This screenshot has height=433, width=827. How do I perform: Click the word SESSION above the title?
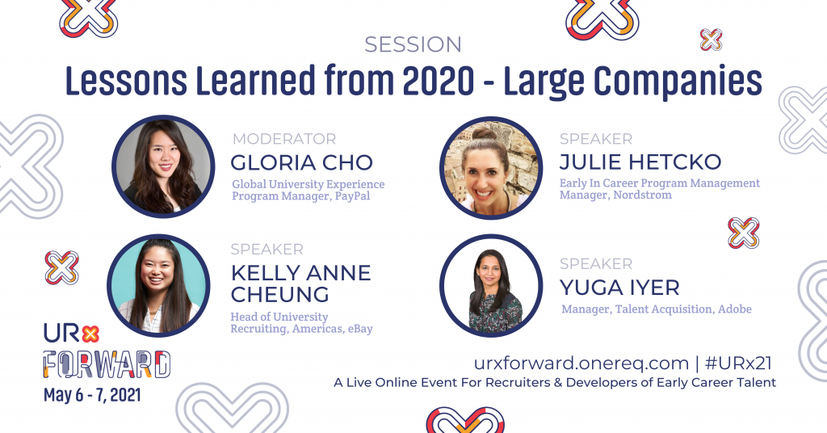point(413,44)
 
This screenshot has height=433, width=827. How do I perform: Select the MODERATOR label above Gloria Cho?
point(283,139)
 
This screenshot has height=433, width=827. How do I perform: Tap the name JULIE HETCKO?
point(640,162)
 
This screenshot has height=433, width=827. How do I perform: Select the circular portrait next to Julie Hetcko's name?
point(490,167)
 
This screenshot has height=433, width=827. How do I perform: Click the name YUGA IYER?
point(619,287)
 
